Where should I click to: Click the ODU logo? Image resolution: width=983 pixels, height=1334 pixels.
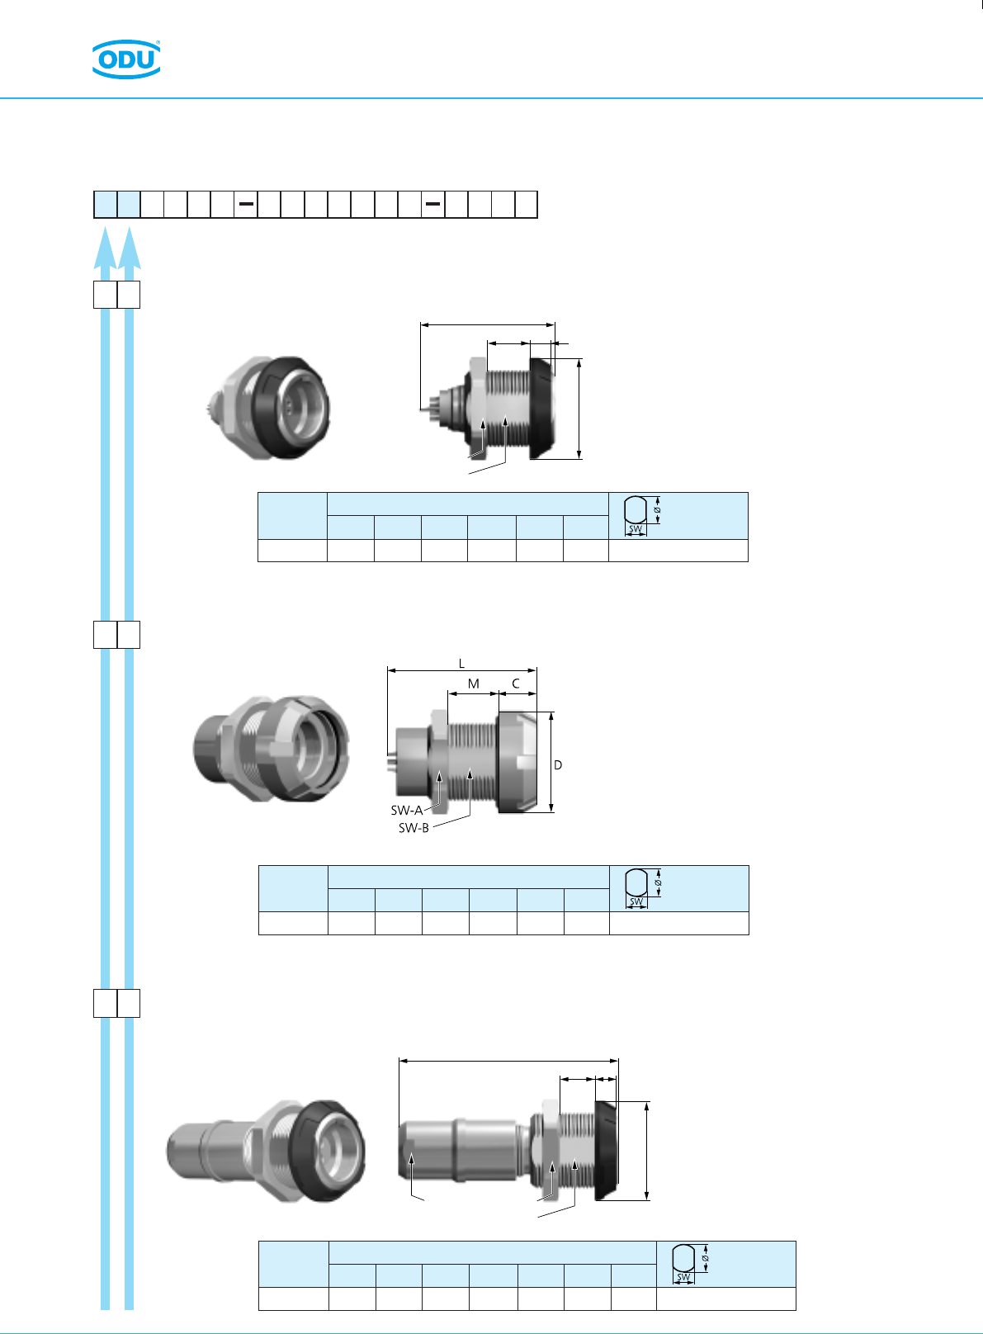[x=126, y=59]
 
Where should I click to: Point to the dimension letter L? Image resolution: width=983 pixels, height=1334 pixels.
[x=461, y=664]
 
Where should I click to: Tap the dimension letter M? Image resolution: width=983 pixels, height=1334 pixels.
[x=473, y=684]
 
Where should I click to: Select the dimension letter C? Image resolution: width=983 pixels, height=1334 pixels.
[x=516, y=684]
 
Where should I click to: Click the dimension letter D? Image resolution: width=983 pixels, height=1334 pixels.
[x=558, y=764]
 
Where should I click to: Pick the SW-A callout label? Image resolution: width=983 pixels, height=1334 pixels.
[x=407, y=810]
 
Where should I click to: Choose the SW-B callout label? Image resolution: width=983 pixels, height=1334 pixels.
[x=414, y=828]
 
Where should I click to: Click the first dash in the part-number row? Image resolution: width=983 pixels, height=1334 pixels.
[x=246, y=204]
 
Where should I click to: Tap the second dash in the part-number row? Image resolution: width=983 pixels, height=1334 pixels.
[x=432, y=204]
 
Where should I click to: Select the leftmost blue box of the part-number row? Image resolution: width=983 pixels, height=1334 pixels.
[x=106, y=205]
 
